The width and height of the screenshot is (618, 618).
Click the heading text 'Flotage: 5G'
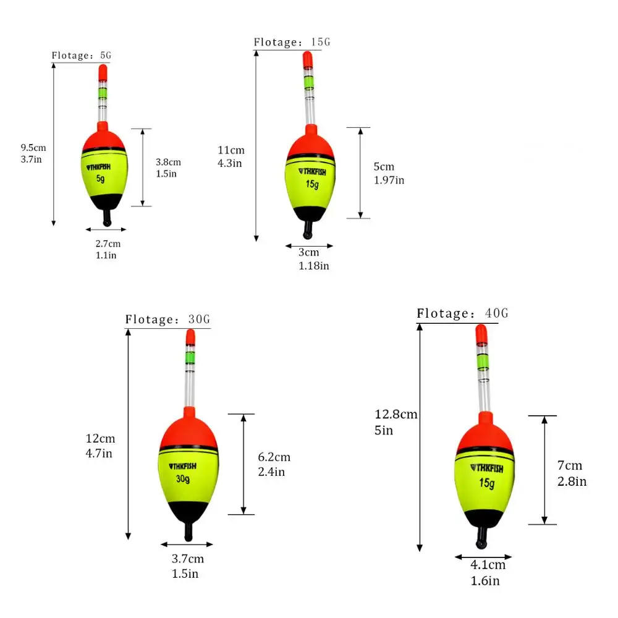click(x=82, y=56)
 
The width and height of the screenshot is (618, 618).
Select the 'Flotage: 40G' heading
click(x=462, y=313)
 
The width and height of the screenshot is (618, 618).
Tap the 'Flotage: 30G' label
click(x=167, y=320)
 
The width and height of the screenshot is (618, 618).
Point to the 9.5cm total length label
click(x=33, y=148)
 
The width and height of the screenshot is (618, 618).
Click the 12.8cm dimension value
click(x=396, y=415)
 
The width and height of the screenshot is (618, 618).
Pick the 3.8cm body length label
click(x=168, y=162)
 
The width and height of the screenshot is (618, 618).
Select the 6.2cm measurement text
click(x=274, y=457)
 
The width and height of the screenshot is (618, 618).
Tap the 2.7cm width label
click(x=108, y=243)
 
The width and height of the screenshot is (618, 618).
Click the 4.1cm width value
click(x=488, y=565)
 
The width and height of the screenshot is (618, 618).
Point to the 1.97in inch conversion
click(x=389, y=180)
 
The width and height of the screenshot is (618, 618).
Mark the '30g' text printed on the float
click(x=184, y=480)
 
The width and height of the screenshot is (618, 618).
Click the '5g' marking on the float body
click(x=100, y=179)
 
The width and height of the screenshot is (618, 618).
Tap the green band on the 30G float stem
click(x=190, y=357)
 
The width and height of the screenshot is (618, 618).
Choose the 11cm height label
click(x=231, y=150)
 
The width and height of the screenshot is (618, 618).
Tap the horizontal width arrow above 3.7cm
click(x=187, y=544)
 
